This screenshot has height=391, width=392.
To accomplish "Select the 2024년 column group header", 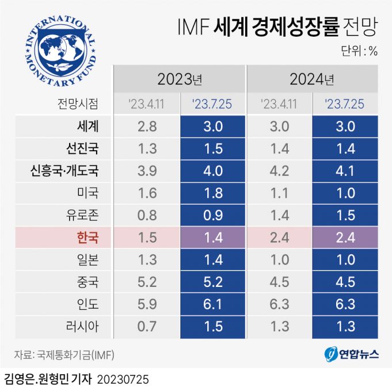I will point(313,78).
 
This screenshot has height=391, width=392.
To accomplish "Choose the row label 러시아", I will point(83,327).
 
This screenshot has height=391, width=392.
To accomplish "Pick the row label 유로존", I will point(83,215).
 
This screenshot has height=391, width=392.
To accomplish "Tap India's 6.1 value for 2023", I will point(213,304).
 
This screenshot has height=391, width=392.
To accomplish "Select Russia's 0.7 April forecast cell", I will point(147,327).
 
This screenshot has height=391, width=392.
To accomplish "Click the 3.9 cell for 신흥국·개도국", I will point(147,171).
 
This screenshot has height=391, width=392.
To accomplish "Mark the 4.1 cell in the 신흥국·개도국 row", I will point(345,171).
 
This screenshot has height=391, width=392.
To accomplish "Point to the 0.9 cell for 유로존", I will point(213,215).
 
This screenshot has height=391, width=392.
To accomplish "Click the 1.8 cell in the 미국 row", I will point(213,193).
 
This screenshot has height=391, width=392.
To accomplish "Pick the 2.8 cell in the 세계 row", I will point(147,126).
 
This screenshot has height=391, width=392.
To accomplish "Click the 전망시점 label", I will point(78,103).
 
